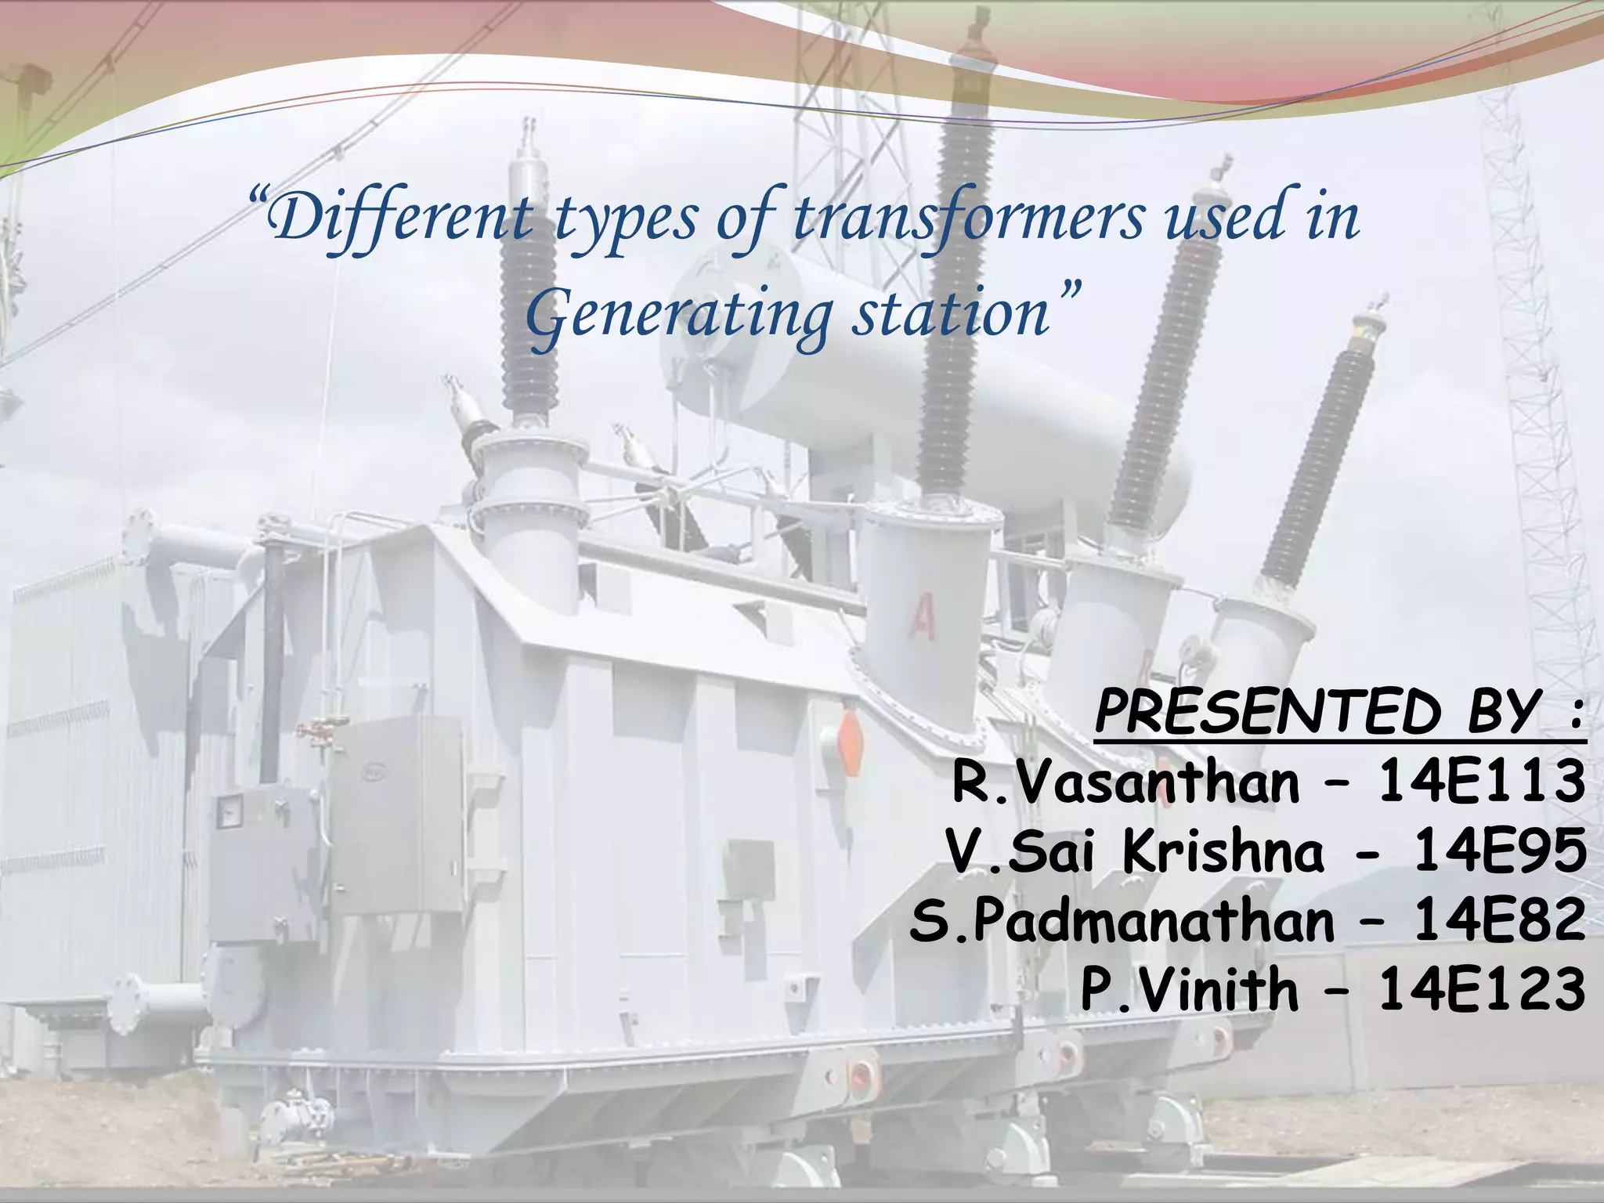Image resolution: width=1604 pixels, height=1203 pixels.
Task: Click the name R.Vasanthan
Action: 1125,782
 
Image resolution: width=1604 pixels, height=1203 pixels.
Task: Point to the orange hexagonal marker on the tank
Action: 850,740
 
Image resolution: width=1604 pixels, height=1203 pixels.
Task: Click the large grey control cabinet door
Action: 396,815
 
